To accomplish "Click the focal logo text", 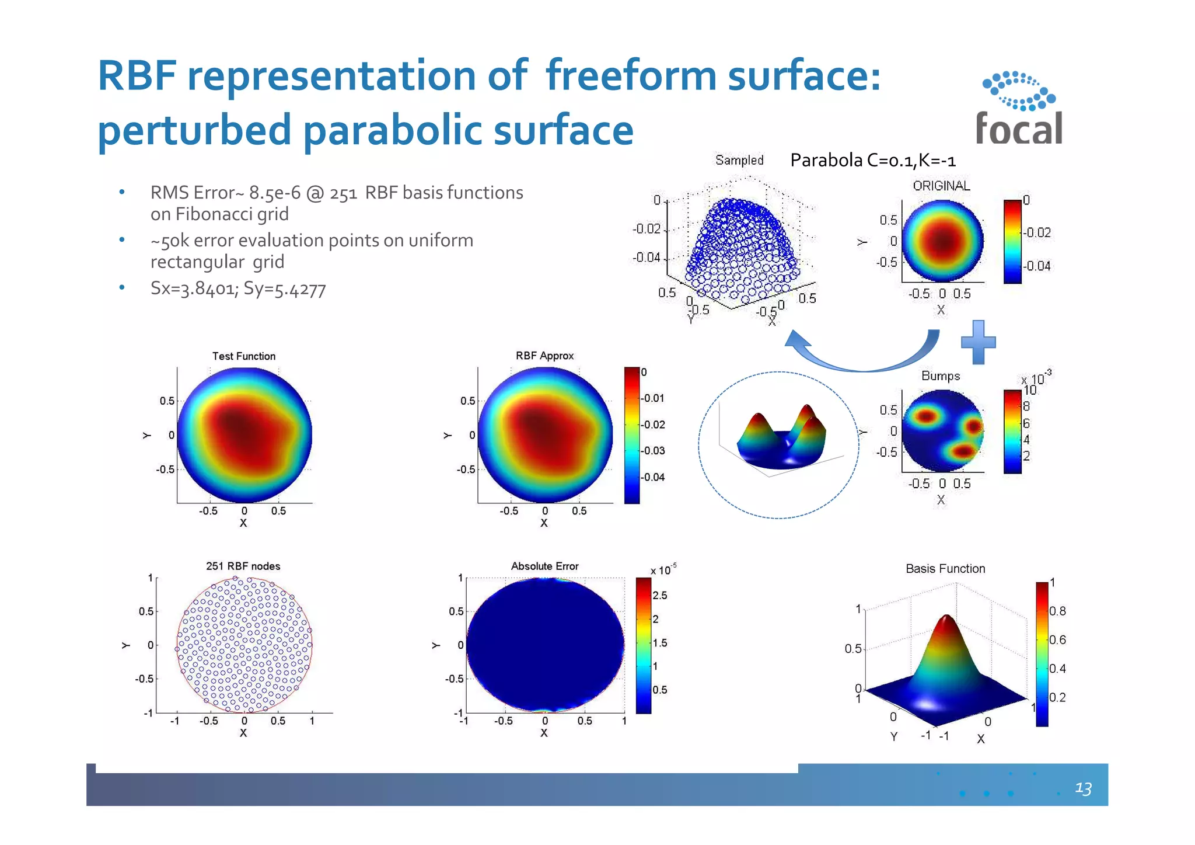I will click(1019, 128).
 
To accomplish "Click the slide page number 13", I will click(1083, 788).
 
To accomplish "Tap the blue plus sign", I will click(979, 342).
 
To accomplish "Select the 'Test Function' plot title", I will click(243, 356).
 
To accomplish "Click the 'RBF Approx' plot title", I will click(544, 356).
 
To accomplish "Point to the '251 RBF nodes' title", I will click(243, 566).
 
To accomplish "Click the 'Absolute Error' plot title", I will click(544, 566).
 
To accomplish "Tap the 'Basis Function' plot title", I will click(945, 569).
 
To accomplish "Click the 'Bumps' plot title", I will click(940, 376).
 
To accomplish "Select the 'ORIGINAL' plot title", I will click(941, 186).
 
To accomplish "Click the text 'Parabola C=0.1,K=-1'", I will click(872, 160).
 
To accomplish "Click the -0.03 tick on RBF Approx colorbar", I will click(654, 451).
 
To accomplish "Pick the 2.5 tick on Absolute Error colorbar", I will click(659, 596).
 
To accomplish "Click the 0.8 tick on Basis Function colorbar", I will click(1057, 611).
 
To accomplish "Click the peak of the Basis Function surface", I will click(946, 619).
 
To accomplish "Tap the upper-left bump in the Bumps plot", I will click(925, 416).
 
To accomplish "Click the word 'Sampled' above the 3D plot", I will click(739, 160).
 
